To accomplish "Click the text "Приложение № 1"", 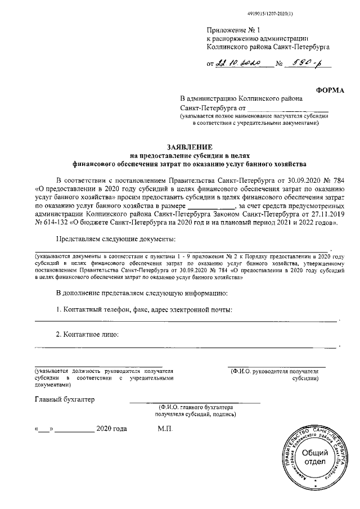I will point(231,29).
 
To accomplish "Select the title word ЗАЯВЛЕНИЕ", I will point(188,145).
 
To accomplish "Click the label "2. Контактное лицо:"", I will point(87,335).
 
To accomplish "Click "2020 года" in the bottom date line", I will point(111,429).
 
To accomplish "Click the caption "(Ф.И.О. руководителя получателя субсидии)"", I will point(276,375).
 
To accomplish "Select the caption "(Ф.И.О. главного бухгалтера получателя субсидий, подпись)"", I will point(195,410).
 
